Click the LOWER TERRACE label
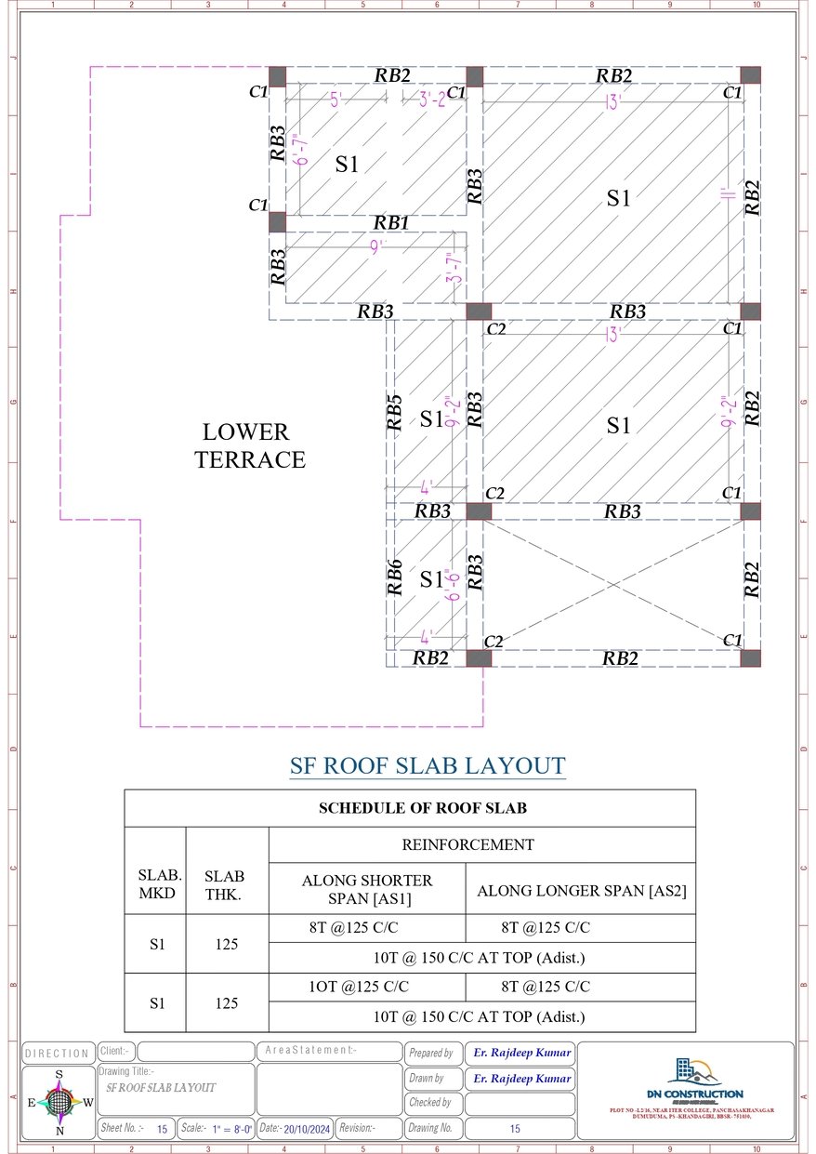click(249, 445)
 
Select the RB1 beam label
click(391, 223)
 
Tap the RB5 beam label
click(395, 412)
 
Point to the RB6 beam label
click(395, 577)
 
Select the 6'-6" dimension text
click(454, 584)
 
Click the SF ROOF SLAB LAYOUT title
click(428, 766)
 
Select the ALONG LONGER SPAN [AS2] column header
click(581, 891)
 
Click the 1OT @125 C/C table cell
click(359, 987)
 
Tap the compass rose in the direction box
click(59, 1103)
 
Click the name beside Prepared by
click(520, 1053)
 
